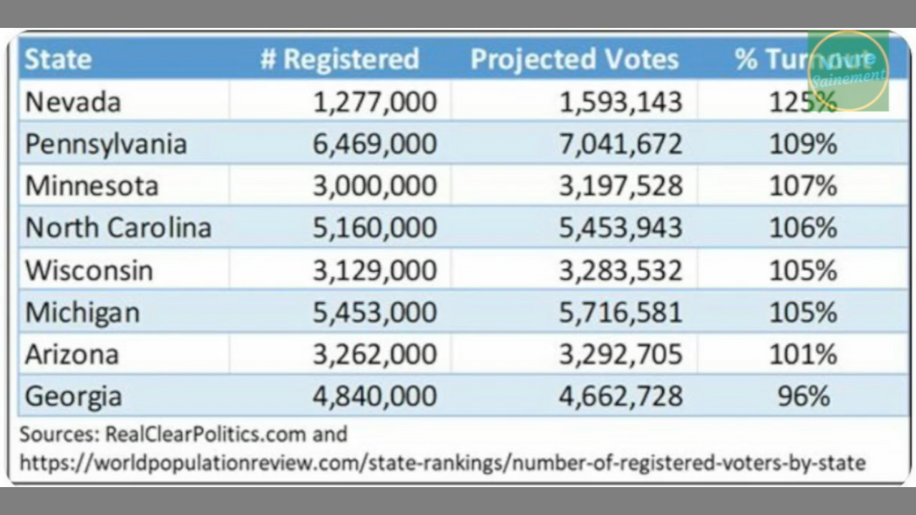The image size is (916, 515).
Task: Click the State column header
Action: (x=58, y=59)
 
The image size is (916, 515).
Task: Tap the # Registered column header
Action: (x=339, y=59)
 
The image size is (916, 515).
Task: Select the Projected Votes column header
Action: (x=574, y=59)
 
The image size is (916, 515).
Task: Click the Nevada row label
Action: (x=73, y=102)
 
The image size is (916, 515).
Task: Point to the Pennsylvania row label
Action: (x=106, y=144)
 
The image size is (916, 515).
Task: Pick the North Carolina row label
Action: (x=118, y=228)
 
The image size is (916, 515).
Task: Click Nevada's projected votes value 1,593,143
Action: (x=620, y=102)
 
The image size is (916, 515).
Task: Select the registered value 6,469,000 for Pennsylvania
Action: (x=374, y=144)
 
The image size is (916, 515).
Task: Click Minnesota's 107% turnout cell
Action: (x=803, y=187)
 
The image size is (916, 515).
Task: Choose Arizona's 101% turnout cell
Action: (x=803, y=355)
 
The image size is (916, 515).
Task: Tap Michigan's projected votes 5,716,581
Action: (x=620, y=313)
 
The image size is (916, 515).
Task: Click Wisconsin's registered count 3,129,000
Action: (x=374, y=270)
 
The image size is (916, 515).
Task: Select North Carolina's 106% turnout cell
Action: (x=803, y=228)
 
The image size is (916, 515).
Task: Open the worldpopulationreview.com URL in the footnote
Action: (x=442, y=463)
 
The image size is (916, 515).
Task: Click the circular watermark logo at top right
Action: (x=848, y=71)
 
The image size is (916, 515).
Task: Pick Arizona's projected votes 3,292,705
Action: (x=620, y=355)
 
